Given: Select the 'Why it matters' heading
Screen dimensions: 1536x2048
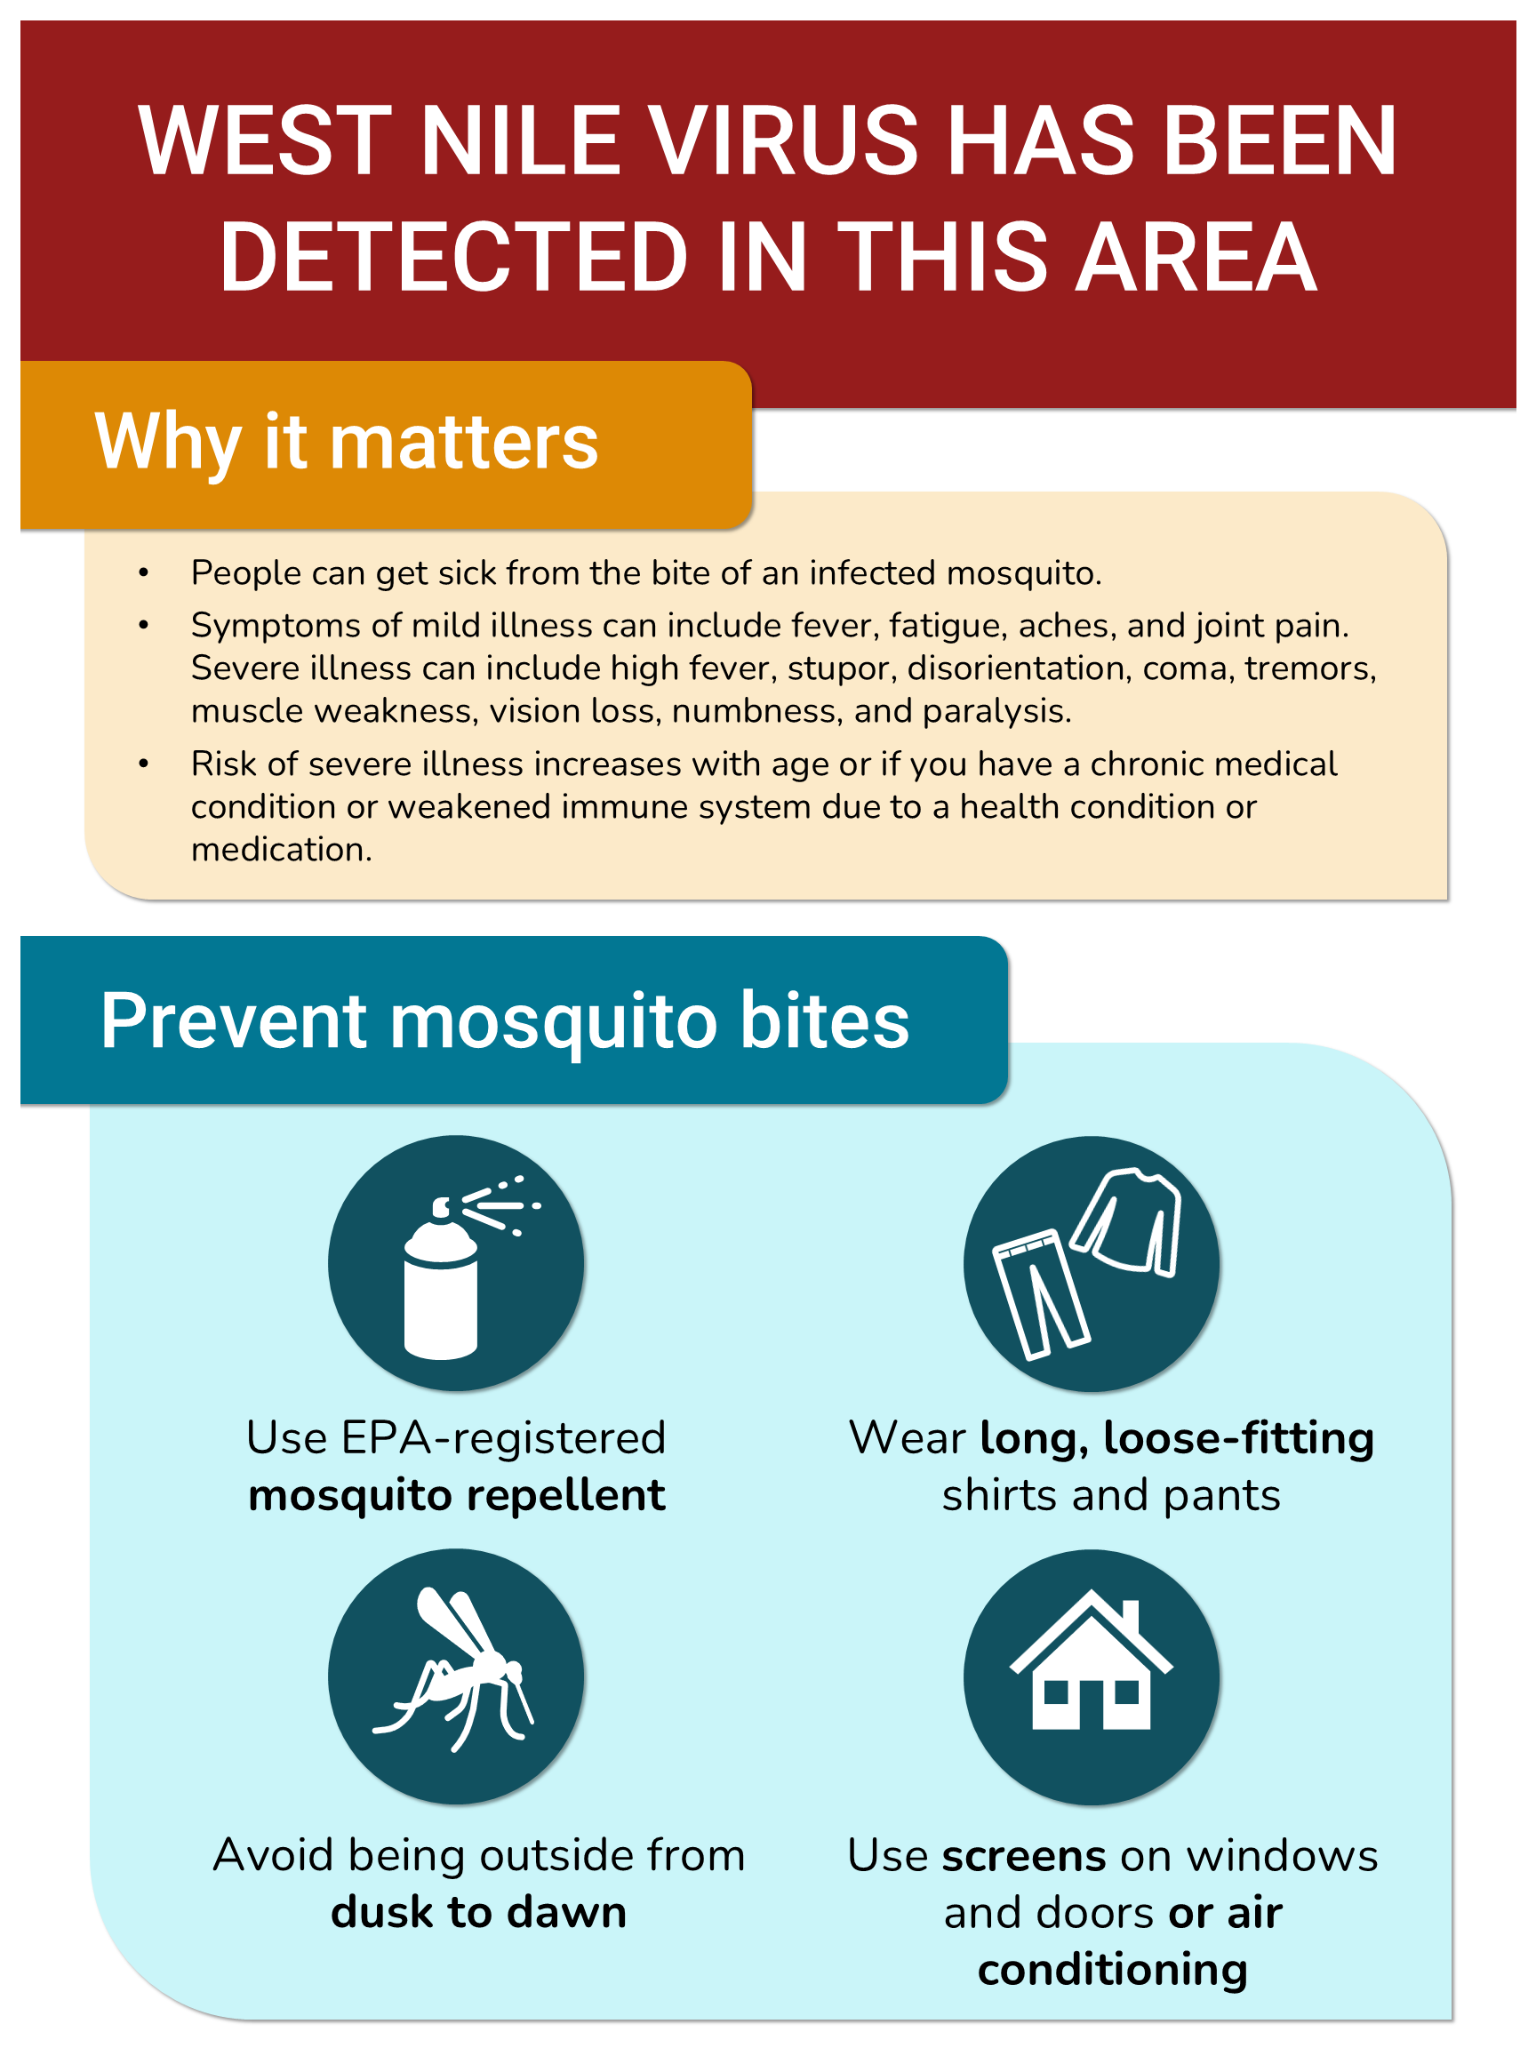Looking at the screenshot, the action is coord(348,444).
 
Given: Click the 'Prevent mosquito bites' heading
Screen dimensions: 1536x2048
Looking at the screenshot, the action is coord(506,1022).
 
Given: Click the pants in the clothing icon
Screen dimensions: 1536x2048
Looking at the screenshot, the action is coord(1039,1294).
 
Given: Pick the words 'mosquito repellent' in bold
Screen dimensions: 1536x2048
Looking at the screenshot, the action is coord(458,1496).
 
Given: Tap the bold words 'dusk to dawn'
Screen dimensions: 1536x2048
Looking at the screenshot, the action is coord(479,1913).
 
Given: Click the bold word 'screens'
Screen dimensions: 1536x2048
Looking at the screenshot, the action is coord(1024,1856).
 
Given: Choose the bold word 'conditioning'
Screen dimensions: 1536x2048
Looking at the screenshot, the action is coord(1113,1971).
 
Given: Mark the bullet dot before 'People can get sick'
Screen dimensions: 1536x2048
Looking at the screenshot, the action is coord(143,574).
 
